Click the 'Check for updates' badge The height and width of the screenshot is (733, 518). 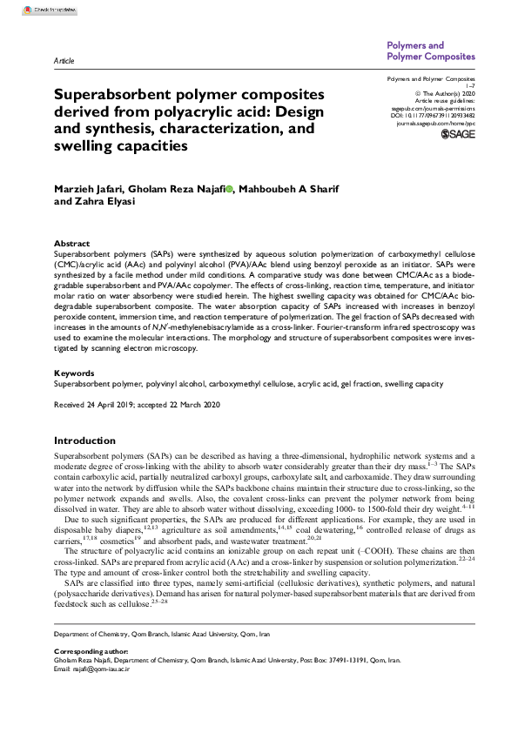27,10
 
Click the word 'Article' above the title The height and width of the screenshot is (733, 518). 64,63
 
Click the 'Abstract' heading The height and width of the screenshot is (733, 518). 71,244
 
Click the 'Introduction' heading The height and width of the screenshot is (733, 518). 84,440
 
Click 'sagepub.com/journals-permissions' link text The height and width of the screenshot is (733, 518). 432,107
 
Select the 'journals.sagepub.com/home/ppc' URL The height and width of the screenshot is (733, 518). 435,124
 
